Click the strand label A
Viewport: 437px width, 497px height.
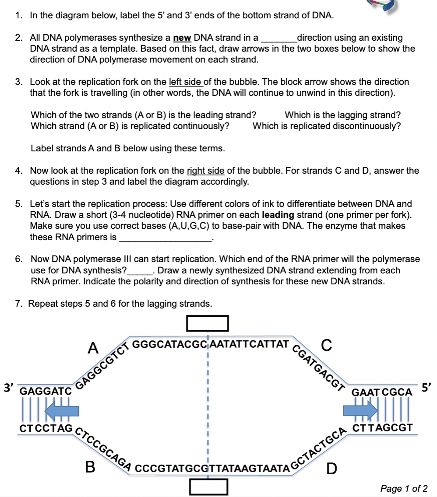[x=93, y=348]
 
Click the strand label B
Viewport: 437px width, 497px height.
[x=90, y=467]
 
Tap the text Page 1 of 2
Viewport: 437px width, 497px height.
[x=404, y=488]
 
